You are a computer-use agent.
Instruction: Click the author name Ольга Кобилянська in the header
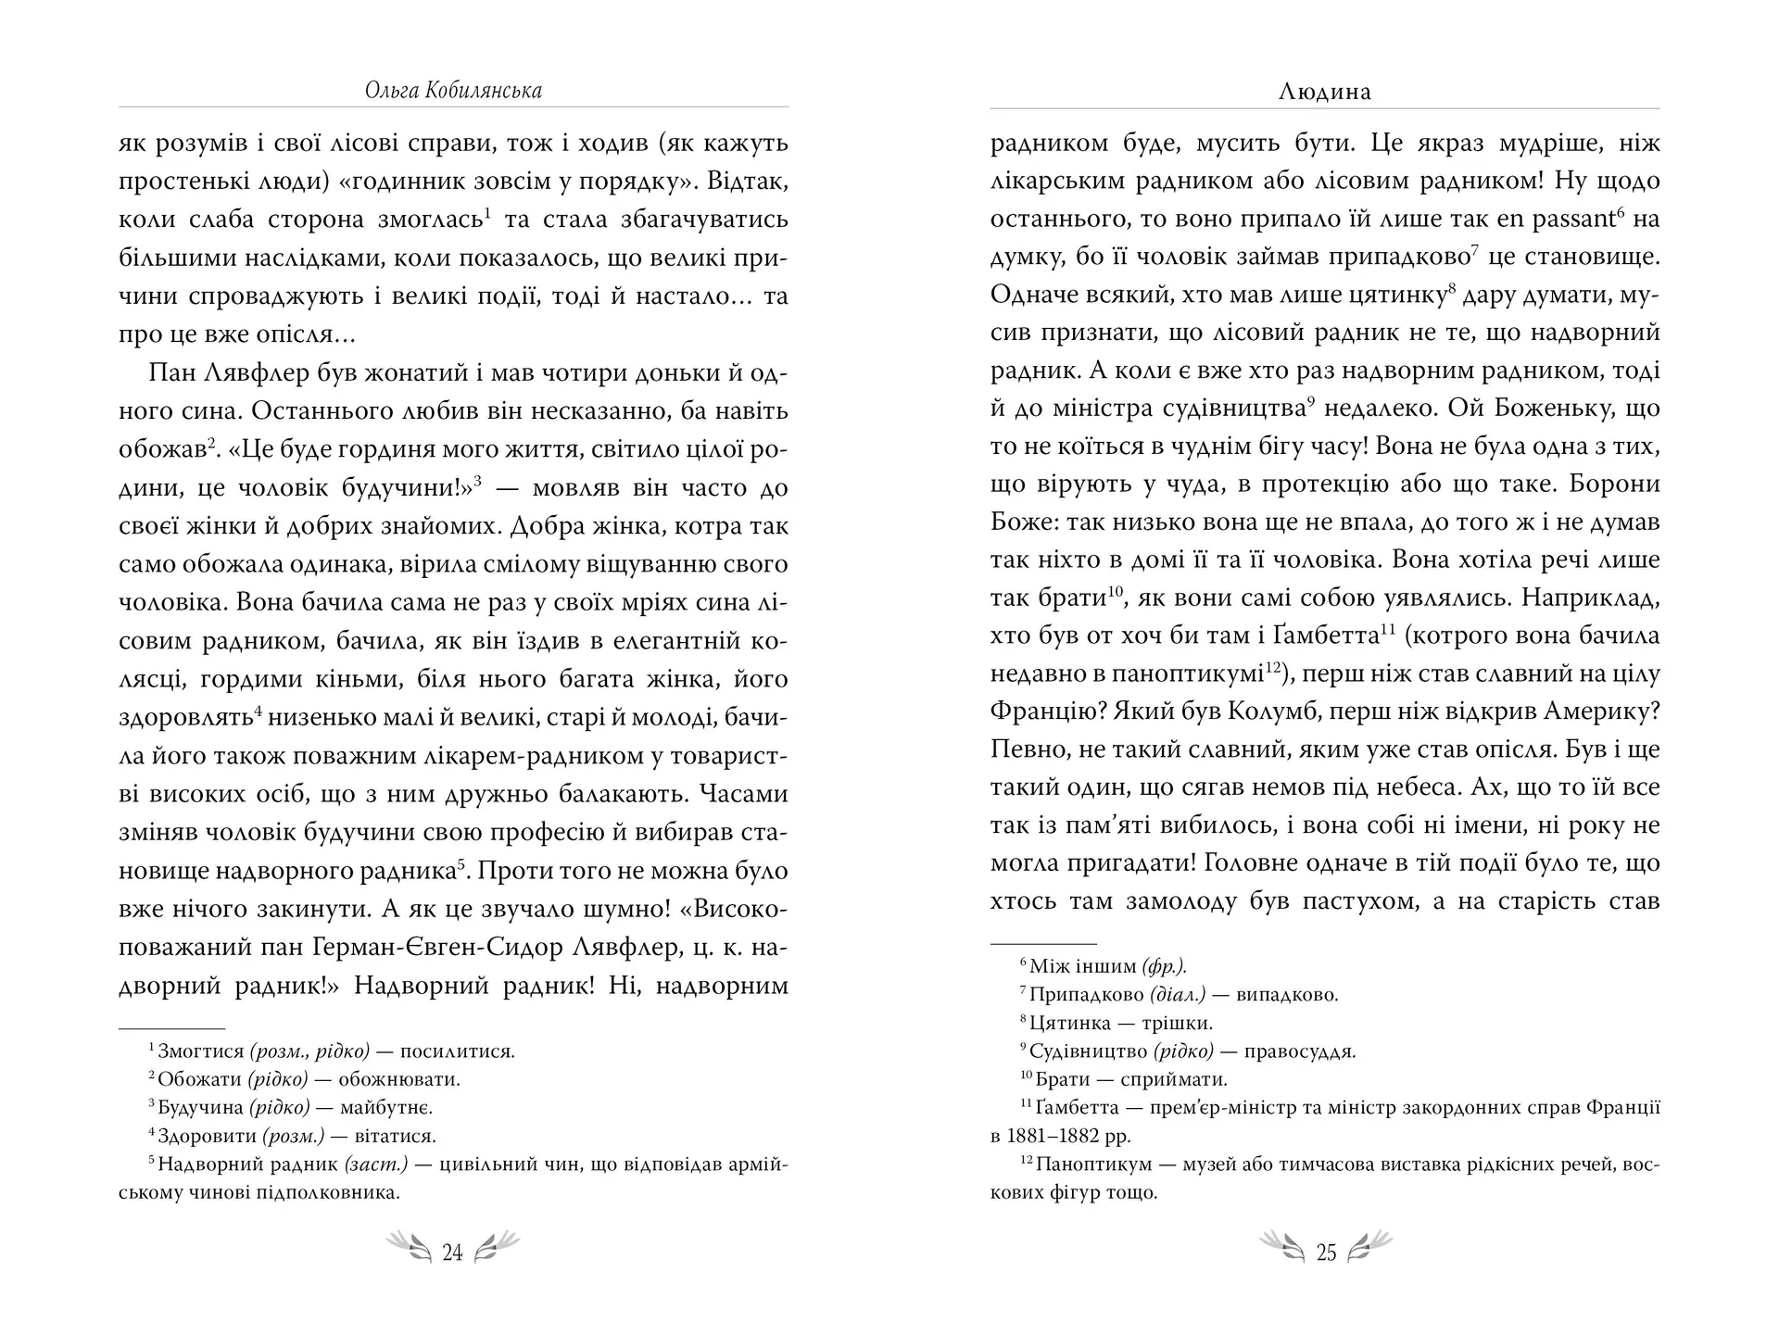tap(453, 91)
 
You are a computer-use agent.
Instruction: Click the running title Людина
tap(1324, 92)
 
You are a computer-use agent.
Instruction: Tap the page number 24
tap(452, 1252)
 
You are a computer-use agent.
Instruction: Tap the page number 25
tap(1326, 1252)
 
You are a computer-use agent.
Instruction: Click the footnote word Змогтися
tap(200, 1052)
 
